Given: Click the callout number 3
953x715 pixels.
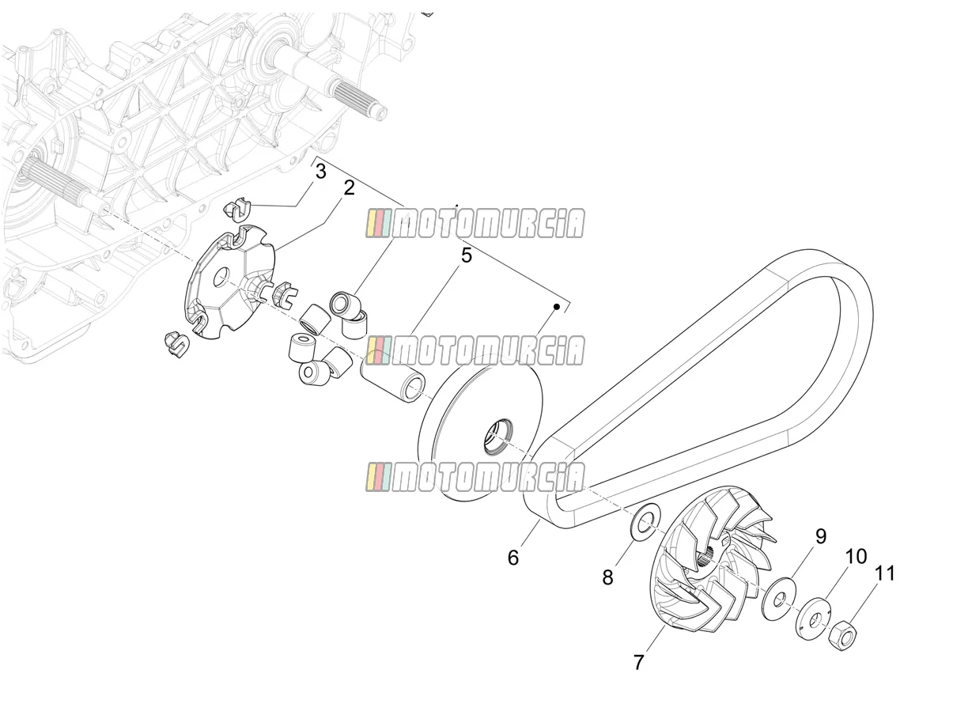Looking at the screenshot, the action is (320, 172).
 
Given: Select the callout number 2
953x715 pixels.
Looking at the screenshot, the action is (349, 188).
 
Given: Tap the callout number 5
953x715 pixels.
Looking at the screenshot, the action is (467, 255).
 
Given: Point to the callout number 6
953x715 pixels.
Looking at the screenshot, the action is (513, 558).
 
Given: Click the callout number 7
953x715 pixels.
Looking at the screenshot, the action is (638, 663).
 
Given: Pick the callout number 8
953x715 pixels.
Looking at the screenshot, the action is (608, 577).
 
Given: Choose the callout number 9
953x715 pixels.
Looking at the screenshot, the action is (821, 536).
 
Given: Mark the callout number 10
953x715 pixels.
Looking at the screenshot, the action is (857, 557).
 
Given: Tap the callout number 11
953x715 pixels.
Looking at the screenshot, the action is (884, 574).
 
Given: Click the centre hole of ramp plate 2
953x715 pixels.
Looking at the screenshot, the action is (222, 277).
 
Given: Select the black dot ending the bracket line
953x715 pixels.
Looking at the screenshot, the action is (557, 307).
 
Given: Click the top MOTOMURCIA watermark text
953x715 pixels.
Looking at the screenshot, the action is (475, 223).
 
